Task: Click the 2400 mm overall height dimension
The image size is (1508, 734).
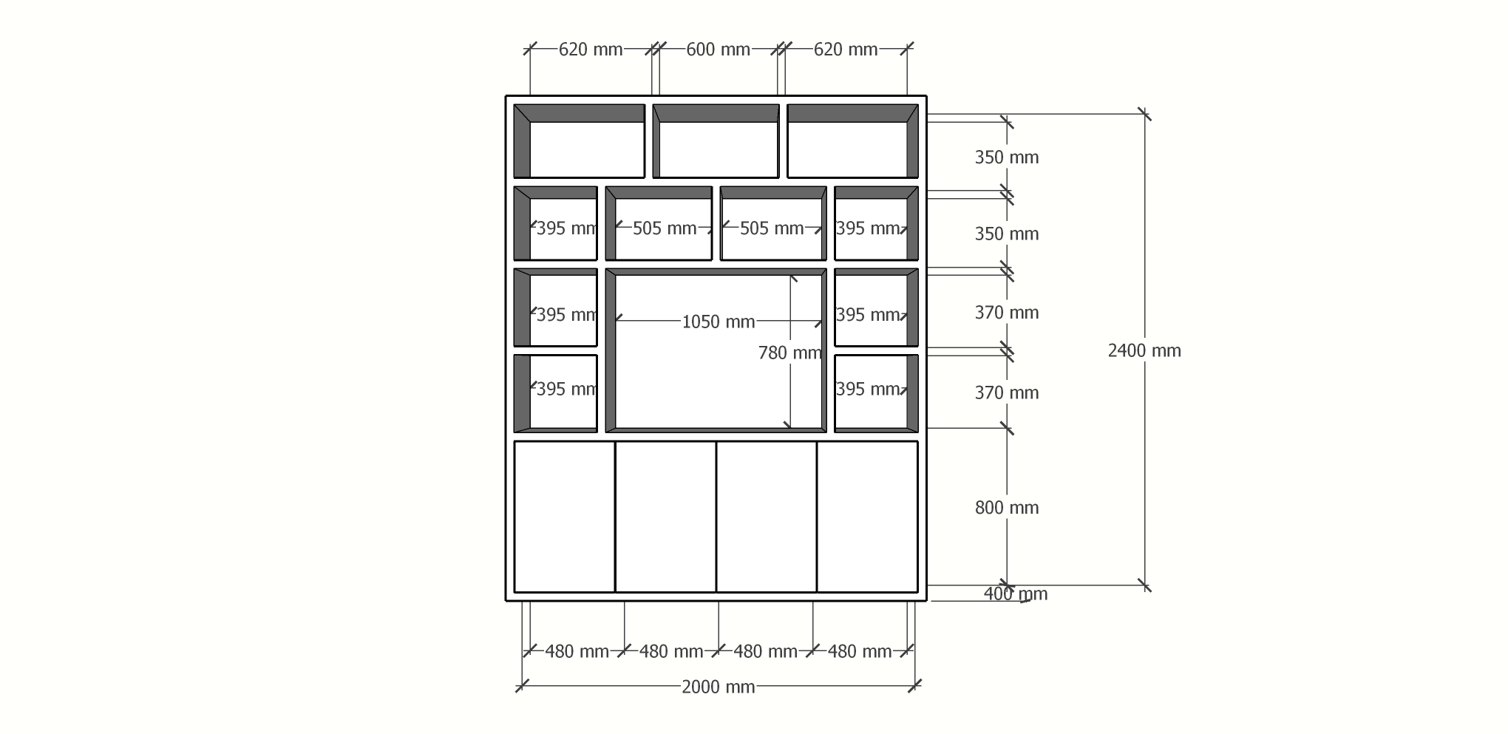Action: coord(1144,350)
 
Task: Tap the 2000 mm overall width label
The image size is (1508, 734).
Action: coord(718,687)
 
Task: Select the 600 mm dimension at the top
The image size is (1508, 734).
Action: coord(718,50)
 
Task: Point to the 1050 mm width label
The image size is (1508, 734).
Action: coord(718,322)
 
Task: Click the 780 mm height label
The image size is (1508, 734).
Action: coord(790,353)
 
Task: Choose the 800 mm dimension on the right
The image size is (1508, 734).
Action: coord(1007,507)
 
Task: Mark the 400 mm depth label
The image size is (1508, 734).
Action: coord(1016,594)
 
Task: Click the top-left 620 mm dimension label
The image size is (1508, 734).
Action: coord(591,50)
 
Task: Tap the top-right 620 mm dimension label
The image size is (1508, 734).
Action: coord(846,50)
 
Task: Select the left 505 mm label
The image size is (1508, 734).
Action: coord(665,228)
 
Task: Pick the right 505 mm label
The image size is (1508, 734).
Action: coord(772,228)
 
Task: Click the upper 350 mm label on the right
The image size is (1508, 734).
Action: coord(1007,157)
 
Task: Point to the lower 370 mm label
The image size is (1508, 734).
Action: coord(1007,393)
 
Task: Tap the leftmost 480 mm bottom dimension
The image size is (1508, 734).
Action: coord(577,651)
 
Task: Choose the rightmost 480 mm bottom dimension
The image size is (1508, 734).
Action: coord(860,651)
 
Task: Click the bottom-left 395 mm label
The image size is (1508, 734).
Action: coord(566,389)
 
